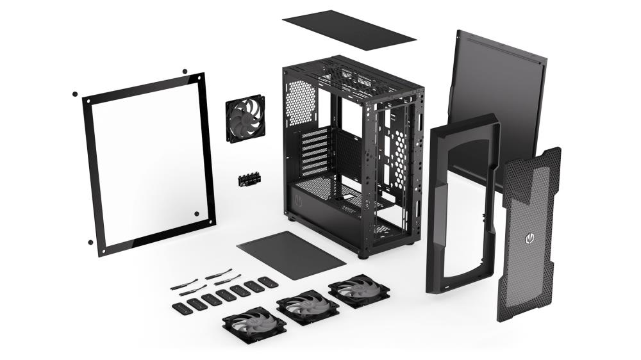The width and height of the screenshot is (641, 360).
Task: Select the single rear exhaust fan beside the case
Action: coord(245,119)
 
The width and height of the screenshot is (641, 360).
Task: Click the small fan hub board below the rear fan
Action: coord(247,180)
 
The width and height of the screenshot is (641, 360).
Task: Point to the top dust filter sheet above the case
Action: coord(349,29)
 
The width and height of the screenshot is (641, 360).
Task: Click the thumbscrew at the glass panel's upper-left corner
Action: coord(75,94)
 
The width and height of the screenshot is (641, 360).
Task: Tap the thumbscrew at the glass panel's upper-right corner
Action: coord(185,71)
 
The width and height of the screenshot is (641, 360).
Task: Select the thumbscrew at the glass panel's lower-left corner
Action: coord(90,242)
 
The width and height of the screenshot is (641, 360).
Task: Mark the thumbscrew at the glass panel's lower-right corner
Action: coord(196,213)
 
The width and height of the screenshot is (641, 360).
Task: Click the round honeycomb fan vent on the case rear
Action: coord(302,102)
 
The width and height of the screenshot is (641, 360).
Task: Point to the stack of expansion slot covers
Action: coord(314,151)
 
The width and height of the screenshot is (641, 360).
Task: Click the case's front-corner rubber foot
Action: coord(363,255)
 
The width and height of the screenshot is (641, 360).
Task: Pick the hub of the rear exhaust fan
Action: coord(245,119)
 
